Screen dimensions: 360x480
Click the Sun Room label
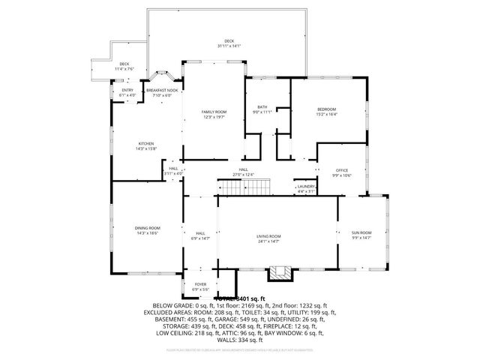[361, 232]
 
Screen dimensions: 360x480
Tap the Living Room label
[268, 236]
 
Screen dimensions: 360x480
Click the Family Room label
[214, 112]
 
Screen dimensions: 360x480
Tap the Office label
[342, 170]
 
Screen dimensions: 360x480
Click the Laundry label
[305, 186]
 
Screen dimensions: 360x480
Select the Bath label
[262, 107]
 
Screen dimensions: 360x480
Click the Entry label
[127, 90]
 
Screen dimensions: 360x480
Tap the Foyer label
[200, 285]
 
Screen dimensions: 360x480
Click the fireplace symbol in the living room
[281, 271]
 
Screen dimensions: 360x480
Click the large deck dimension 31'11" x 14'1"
[229, 46]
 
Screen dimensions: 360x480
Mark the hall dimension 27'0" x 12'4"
[244, 175]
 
